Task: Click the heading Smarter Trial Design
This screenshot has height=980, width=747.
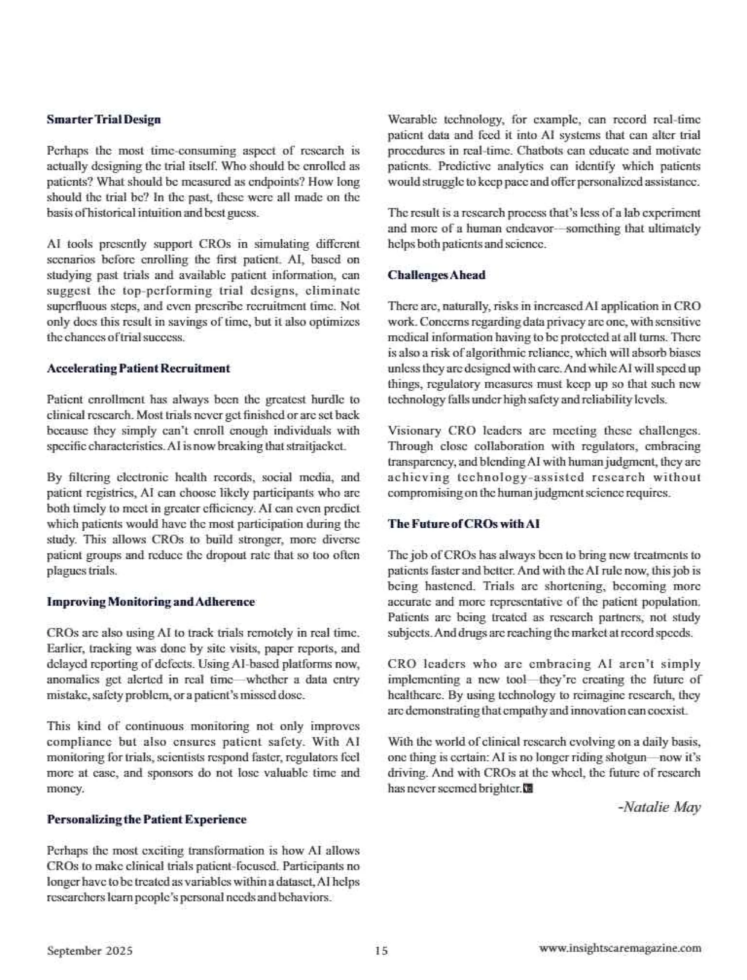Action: pos(104,120)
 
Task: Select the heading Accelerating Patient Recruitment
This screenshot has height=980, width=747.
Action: pos(138,369)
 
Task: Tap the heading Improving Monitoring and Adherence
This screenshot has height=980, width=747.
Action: pos(151,602)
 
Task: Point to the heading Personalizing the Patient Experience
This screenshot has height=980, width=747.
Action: pos(146,819)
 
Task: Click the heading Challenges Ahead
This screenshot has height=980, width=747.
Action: pos(436,275)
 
